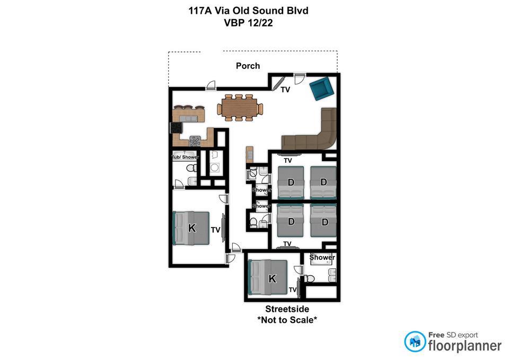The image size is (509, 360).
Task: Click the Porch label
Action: pos(248,66)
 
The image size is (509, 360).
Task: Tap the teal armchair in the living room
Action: pos(322,89)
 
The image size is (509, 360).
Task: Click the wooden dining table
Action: pos(240,108)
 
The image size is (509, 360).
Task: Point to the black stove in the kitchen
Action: pos(176,128)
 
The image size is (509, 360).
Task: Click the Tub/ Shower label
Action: pos(185,157)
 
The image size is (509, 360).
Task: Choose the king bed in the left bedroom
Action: pos(191,228)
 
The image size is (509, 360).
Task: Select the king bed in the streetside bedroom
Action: pos(267,277)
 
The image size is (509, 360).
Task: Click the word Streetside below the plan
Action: pos(287,309)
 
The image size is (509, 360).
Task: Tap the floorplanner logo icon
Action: pos(415,341)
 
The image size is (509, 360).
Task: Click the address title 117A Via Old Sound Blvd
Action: pos(248,11)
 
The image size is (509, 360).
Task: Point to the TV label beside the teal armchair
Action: pos(285,90)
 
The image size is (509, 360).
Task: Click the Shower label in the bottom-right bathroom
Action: pos(322,258)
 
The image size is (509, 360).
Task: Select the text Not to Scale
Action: pos(287,320)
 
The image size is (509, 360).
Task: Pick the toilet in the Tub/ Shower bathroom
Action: pos(191,168)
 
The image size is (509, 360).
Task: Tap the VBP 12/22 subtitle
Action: pos(248,23)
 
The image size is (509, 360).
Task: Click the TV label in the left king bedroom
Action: pos(216,230)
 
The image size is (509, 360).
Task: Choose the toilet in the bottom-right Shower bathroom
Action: pos(309,279)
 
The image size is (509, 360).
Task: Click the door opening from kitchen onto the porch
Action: pos(210,85)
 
